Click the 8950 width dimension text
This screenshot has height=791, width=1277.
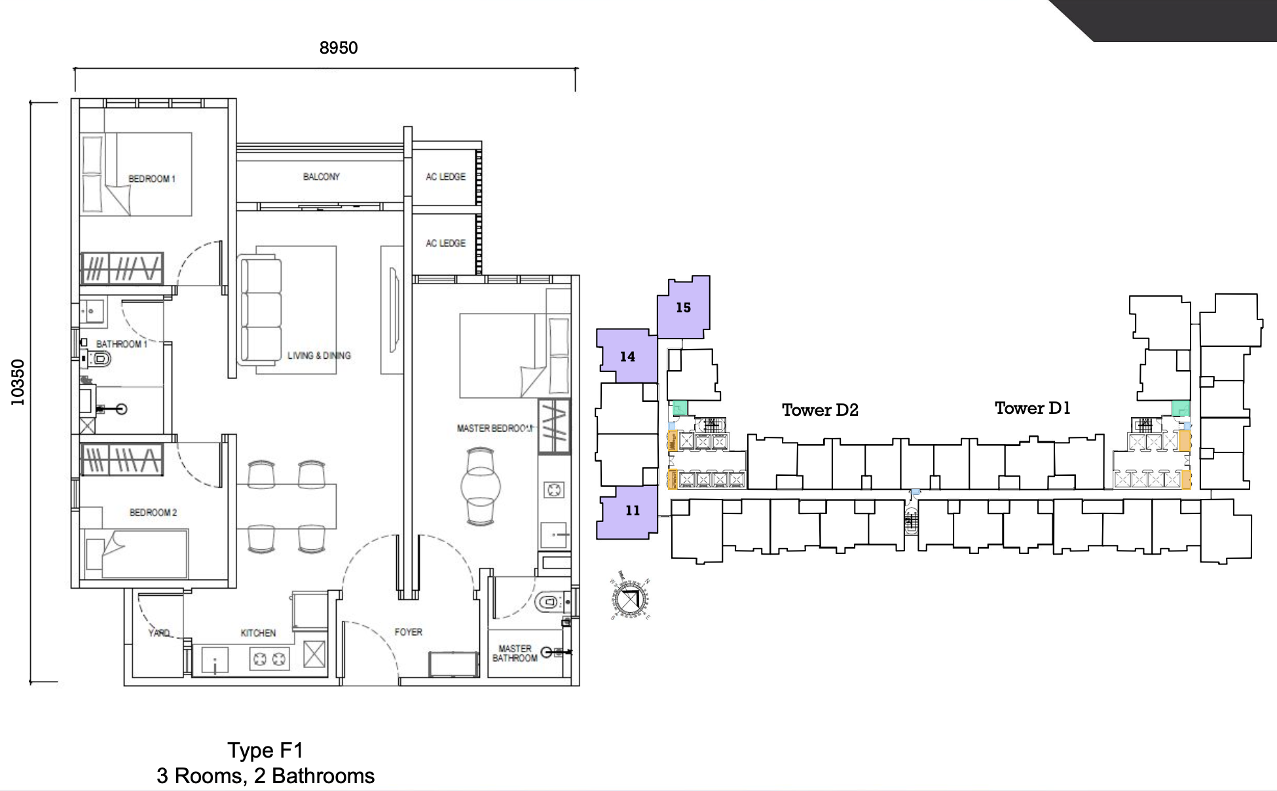coord(339,48)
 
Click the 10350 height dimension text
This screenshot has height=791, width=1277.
coord(18,382)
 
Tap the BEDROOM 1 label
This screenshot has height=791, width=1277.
coord(152,179)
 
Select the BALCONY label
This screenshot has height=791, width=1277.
coord(321,177)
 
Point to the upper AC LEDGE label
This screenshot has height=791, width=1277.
coord(445,177)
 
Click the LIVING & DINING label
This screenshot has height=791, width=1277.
coord(319,356)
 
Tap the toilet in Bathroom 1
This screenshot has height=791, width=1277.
coord(100,359)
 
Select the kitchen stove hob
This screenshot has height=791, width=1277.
coord(269,659)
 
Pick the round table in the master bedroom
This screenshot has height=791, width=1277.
coord(480,487)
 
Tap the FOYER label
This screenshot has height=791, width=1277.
coord(408,632)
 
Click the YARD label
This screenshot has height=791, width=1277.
coord(158,633)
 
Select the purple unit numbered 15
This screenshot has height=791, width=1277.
coord(684,307)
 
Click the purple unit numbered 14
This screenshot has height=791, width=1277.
coord(627,356)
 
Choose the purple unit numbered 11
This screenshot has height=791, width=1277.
coord(631,511)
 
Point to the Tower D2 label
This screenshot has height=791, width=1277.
coord(820,410)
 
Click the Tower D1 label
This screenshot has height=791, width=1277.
coord(1032,408)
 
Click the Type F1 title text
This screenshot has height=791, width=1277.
coord(265,750)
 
